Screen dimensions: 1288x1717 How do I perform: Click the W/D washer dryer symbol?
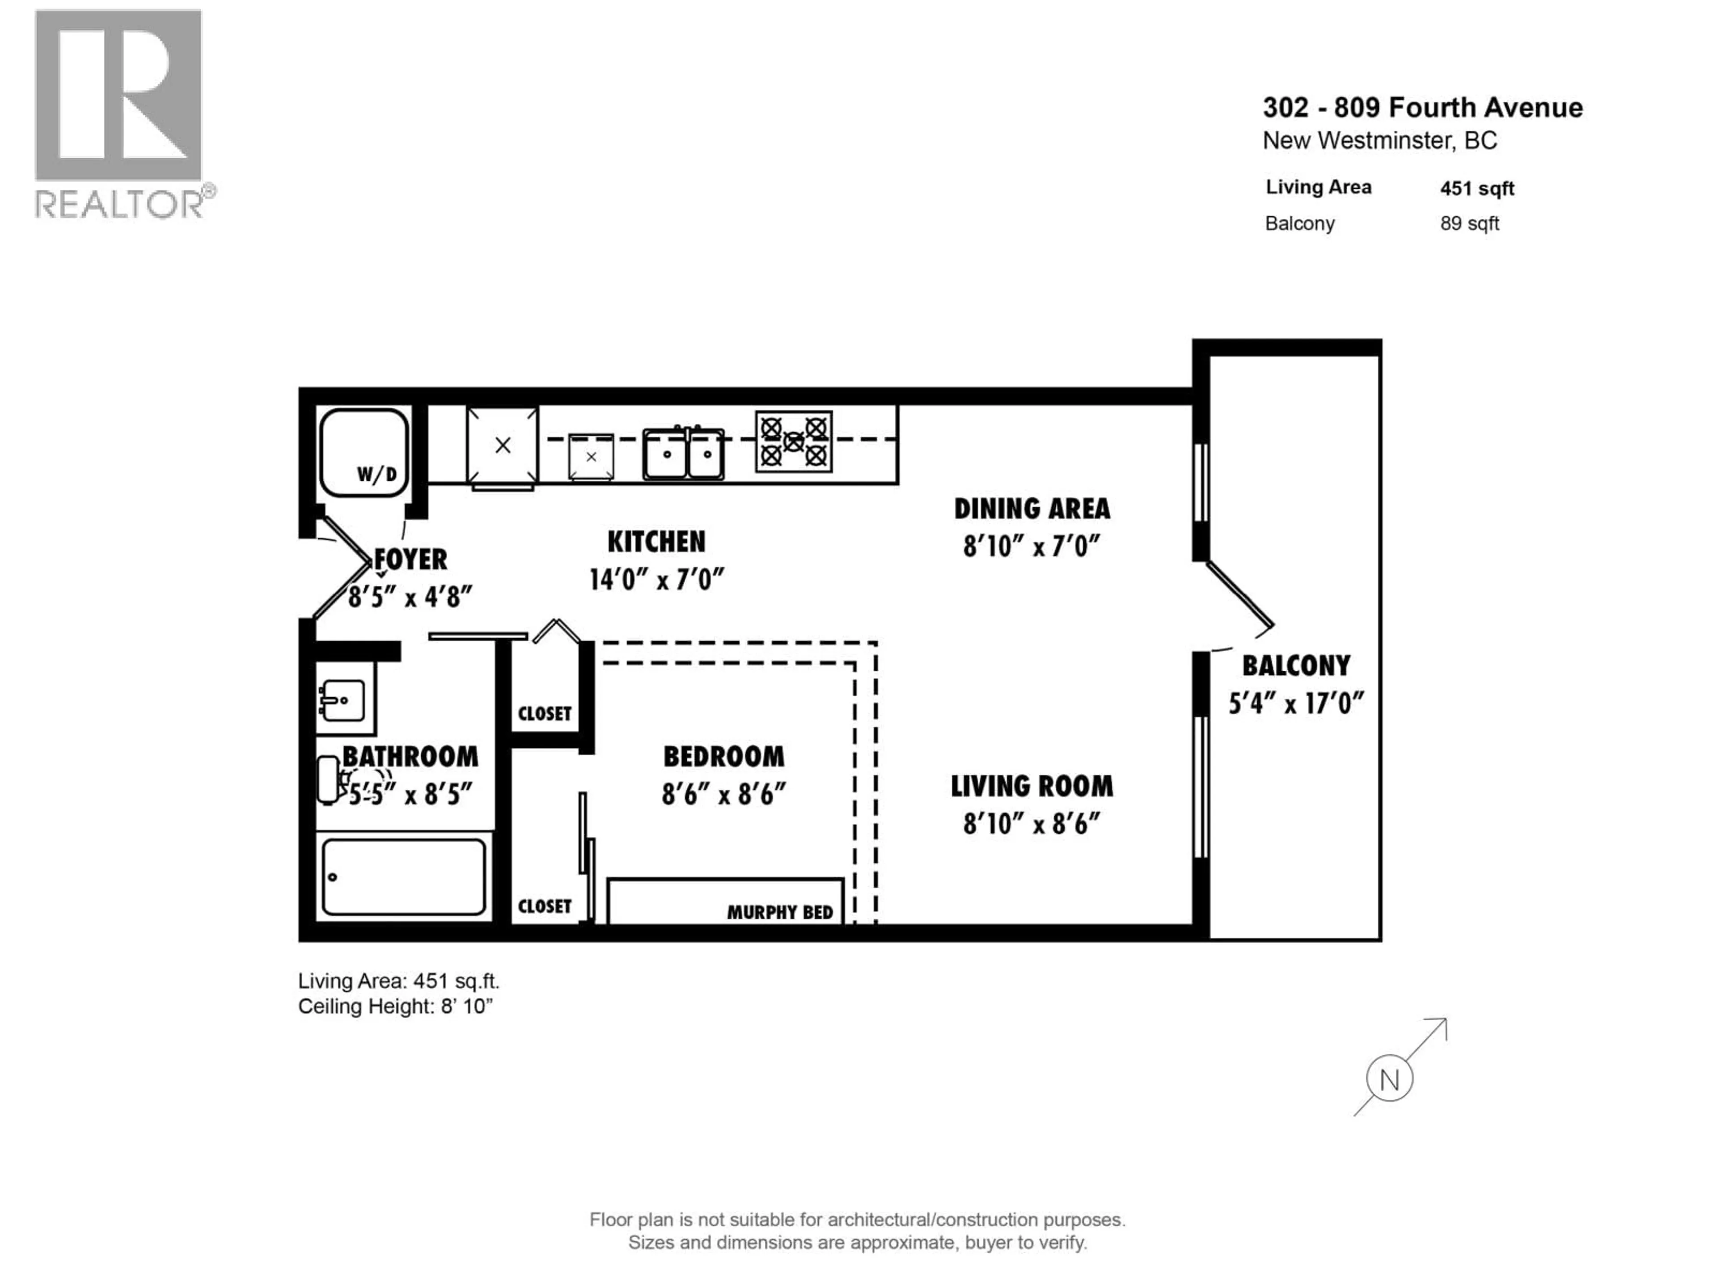(364, 453)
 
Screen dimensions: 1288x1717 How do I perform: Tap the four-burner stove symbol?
(793, 442)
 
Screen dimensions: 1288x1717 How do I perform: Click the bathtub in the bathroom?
(404, 877)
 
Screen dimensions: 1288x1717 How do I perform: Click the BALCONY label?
(1295, 665)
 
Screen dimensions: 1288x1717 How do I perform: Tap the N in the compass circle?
(1389, 1079)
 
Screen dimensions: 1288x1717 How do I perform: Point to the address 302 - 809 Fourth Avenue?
(1422, 107)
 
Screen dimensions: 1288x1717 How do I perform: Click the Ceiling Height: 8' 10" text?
(395, 1006)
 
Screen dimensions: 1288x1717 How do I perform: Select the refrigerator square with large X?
(502, 445)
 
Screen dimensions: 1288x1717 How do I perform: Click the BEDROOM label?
(723, 756)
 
